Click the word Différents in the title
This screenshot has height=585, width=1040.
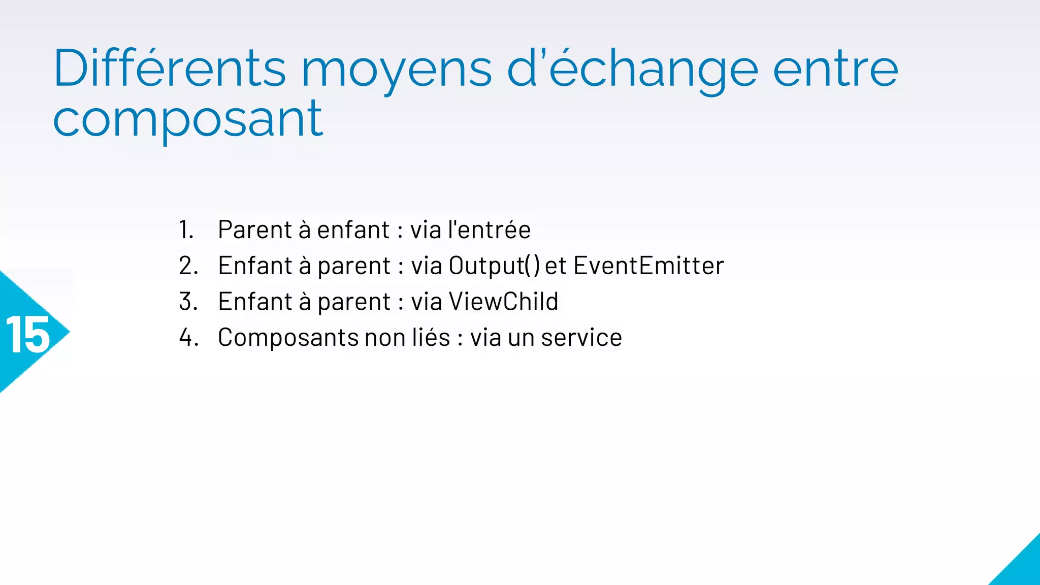pos(170,69)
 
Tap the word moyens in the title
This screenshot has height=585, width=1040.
pos(396,71)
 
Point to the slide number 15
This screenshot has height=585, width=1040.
pos(28,335)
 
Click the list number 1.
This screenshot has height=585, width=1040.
pos(186,230)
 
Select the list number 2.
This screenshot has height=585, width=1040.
pos(188,266)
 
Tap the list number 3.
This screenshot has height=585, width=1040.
pos(188,302)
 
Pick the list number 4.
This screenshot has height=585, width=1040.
pos(188,338)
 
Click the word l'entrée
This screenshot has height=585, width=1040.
pos(489,230)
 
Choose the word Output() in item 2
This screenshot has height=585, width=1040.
pos(494,266)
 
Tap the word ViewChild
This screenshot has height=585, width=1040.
pos(503,302)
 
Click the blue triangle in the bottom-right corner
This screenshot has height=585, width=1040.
pos(1021,566)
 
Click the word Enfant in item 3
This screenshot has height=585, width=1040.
pos(255,302)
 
